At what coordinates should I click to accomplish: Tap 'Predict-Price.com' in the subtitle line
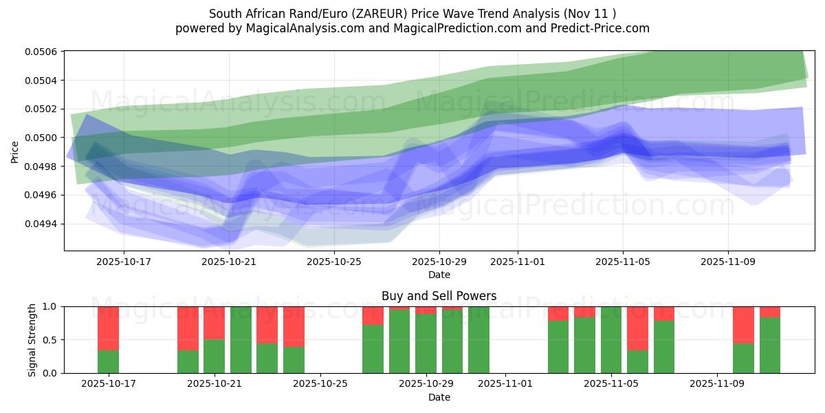click(597, 28)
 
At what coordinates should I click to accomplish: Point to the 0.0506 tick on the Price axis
click(43, 52)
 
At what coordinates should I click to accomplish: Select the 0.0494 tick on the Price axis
click(43, 224)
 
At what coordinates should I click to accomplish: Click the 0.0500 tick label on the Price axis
click(43, 138)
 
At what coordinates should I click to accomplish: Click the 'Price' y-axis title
click(15, 152)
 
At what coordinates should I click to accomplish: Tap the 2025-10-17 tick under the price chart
click(124, 262)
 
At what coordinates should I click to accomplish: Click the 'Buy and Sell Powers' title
click(439, 297)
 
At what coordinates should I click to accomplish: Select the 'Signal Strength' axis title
click(32, 339)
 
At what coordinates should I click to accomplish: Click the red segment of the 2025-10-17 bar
click(108, 328)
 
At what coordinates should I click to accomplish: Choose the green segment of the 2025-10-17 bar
click(108, 362)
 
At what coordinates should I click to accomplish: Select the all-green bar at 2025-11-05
click(611, 340)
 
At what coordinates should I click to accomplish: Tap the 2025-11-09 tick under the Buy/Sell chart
click(716, 383)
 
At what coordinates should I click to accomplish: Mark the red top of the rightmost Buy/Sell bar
click(770, 312)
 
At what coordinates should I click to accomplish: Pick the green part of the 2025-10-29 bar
click(426, 343)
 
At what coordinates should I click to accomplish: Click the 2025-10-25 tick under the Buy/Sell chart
click(320, 383)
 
